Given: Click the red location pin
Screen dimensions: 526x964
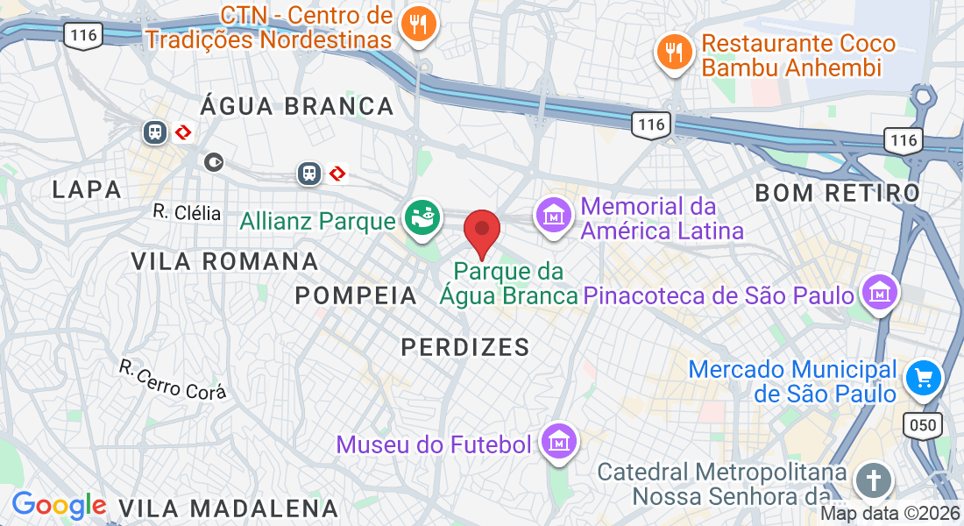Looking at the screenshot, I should point(482,231).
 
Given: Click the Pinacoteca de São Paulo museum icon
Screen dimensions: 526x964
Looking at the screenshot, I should point(879,293).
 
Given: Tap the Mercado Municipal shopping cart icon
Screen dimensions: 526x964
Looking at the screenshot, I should point(923,378).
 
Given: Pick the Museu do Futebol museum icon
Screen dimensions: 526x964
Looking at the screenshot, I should point(558,442).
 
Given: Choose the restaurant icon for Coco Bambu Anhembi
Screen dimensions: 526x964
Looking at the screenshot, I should point(673,52).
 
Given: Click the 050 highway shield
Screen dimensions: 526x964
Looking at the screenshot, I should point(923,426).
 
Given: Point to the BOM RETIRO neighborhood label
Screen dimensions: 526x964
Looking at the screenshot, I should point(837,193).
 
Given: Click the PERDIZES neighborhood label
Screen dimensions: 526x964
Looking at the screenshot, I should point(465,347).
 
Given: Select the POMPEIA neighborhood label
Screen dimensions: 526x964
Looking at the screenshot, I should point(356,295).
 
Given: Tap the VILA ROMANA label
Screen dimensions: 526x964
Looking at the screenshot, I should point(225,261).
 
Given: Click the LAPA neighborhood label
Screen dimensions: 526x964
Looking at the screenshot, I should point(86,189).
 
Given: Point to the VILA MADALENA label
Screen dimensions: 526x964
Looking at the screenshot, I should point(228,508).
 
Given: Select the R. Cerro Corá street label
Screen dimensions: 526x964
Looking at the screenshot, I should point(173,379).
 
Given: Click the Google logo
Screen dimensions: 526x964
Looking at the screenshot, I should point(59,505).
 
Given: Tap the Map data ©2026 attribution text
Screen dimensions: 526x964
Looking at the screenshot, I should point(890,515).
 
